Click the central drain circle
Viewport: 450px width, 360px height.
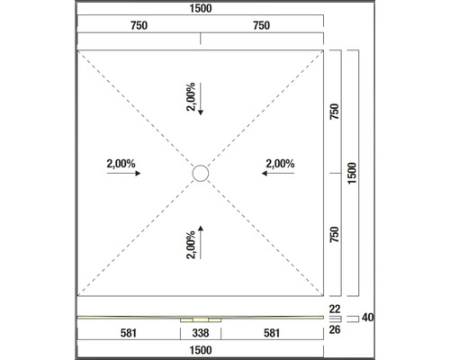[x=201, y=166]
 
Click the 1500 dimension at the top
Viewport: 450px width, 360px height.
[x=201, y=8]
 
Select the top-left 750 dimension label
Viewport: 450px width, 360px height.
[x=139, y=25]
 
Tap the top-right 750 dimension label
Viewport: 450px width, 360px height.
[x=261, y=25]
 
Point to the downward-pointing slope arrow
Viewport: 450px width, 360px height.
[x=201, y=99]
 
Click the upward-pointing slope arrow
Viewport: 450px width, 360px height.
[x=201, y=242]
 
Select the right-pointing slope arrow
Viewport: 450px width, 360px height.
[x=123, y=173]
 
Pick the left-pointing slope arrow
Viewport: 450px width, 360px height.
[x=278, y=173]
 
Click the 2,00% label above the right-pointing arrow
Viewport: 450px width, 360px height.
[x=121, y=164]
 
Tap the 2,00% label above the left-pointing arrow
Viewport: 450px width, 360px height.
[x=280, y=164]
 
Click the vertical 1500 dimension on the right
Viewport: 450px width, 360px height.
[x=352, y=173]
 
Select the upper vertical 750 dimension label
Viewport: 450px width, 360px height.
[x=334, y=112]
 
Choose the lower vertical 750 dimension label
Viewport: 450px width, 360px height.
[x=334, y=235]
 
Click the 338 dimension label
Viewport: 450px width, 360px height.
[x=201, y=333]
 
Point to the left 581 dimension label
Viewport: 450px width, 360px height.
[x=129, y=333]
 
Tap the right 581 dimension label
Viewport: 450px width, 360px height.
[x=272, y=333]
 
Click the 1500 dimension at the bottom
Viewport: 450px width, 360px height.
[x=201, y=350]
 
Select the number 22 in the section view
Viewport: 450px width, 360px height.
[x=335, y=309]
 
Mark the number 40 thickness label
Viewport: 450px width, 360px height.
[x=367, y=318]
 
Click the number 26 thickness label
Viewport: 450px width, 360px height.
[x=335, y=329]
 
